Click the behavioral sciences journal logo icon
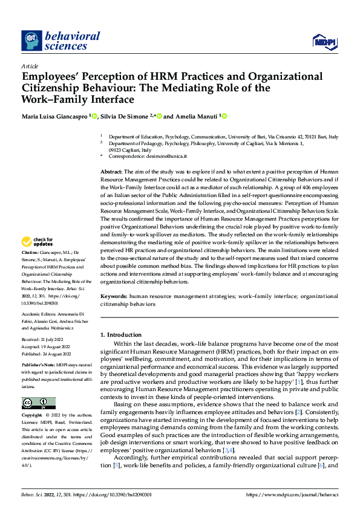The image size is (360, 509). tap(31, 41)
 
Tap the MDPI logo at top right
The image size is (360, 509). tap(325, 41)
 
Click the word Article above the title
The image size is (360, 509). tap(30, 66)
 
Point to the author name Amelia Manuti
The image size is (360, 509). tap(197, 116)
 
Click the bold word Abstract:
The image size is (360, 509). tap(111, 172)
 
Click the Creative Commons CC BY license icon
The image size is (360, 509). tap(38, 403)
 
